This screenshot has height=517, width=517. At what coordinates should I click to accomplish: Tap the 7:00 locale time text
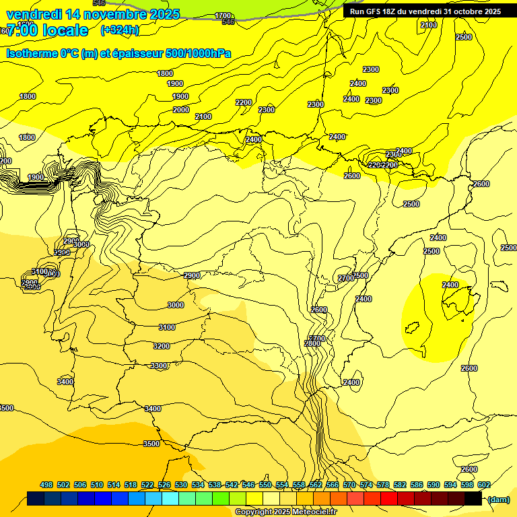tap(47, 30)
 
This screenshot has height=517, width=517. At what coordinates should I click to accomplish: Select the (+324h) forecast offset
tap(120, 30)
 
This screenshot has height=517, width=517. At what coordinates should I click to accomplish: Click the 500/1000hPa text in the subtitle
tap(200, 54)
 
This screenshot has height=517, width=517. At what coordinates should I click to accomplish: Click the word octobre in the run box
tap(468, 11)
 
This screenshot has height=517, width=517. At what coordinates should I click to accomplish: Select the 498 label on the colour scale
tap(46, 485)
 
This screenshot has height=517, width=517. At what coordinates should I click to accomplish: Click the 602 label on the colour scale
tap(484, 485)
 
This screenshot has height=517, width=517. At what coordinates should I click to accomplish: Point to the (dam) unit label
tap(499, 499)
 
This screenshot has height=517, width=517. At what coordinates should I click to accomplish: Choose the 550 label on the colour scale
tap(265, 485)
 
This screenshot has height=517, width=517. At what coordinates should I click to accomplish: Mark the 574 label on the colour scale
tap(366, 485)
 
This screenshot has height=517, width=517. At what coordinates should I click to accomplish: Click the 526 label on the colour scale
tap(164, 485)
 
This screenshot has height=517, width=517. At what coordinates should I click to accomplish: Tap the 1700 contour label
tap(223, 15)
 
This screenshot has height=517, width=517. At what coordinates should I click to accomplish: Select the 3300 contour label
tap(160, 366)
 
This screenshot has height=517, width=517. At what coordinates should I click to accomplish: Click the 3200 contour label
tap(162, 346)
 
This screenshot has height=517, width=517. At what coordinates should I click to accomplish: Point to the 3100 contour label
tap(166, 328)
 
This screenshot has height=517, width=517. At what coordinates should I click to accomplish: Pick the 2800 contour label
tap(312, 343)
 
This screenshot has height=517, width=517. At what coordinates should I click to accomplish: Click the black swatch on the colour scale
tap(473, 498)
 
